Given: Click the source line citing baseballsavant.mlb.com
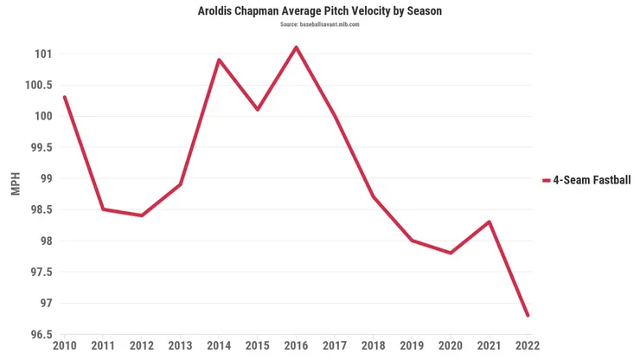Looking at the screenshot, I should pos(320,25).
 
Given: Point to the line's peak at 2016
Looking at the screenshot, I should pos(297,48).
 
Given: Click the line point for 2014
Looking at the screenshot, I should pos(219,60).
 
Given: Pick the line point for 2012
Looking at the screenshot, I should pos(142,215).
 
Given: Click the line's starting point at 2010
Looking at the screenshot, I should pos(64,97).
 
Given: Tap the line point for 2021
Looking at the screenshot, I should pos(490,222).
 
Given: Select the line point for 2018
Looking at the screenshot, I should pos(374,196).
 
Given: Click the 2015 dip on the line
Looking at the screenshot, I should pos(258,110).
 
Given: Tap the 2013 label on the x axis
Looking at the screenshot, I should pos(180,346).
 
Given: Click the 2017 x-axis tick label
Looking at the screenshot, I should pos(335,346).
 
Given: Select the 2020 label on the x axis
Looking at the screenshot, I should pos(451,346).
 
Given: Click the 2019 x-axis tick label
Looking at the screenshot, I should pos(412,346).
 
